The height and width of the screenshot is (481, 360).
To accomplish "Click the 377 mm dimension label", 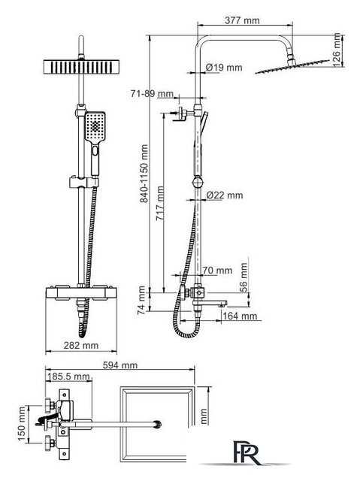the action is [x=242, y=20].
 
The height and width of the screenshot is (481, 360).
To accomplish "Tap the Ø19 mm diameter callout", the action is [x=224, y=68].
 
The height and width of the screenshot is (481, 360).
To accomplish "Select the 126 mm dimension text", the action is [x=337, y=50].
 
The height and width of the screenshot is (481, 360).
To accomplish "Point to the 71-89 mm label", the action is [x=152, y=93].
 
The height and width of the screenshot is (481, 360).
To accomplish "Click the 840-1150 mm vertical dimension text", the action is [x=144, y=174].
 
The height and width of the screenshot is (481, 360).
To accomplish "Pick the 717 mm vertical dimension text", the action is [x=160, y=204].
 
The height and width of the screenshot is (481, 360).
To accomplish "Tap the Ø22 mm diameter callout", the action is [x=225, y=195].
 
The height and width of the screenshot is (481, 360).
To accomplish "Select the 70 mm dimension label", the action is [x=217, y=271].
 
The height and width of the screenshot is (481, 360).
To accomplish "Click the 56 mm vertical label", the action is [x=244, y=277].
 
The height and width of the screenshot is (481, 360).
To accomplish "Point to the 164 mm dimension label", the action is [x=240, y=316].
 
